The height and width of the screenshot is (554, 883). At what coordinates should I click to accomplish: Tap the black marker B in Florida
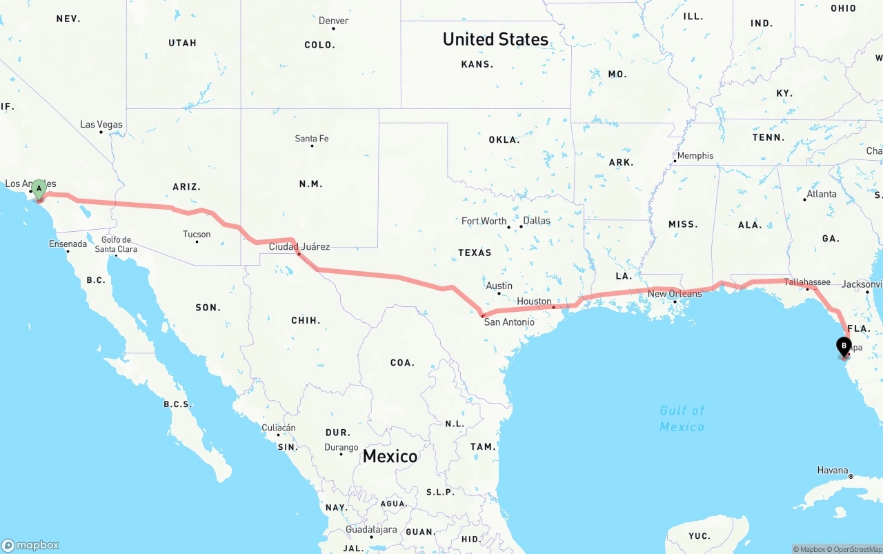[843, 346]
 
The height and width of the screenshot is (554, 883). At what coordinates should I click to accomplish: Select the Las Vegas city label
[101, 125]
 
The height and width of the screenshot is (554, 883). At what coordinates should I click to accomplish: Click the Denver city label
[334, 21]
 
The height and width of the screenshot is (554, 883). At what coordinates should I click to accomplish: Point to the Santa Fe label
[312, 139]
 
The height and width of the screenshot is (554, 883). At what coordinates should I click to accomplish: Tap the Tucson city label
[197, 234]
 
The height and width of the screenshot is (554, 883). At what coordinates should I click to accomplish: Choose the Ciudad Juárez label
[299, 246]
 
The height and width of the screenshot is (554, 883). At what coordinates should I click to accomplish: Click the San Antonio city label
[509, 321]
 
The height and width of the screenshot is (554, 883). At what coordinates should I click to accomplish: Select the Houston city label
[535, 301]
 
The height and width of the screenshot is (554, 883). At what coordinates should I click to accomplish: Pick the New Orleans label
[675, 293]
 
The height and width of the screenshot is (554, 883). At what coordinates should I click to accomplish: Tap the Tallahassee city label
[807, 281]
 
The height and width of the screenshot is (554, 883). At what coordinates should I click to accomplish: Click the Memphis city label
[695, 156]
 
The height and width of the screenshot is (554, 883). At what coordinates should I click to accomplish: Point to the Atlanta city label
[822, 194]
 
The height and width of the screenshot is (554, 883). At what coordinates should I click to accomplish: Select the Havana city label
[833, 470]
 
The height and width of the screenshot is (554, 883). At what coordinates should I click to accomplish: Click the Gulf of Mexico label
[682, 419]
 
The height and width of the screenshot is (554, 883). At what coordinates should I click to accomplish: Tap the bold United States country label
[495, 39]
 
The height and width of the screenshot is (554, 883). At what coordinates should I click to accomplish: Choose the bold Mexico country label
[390, 456]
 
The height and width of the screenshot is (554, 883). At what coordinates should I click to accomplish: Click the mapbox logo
[30, 545]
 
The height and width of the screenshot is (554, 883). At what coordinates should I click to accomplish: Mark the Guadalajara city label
[372, 530]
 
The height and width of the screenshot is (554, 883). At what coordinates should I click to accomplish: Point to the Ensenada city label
[68, 244]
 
